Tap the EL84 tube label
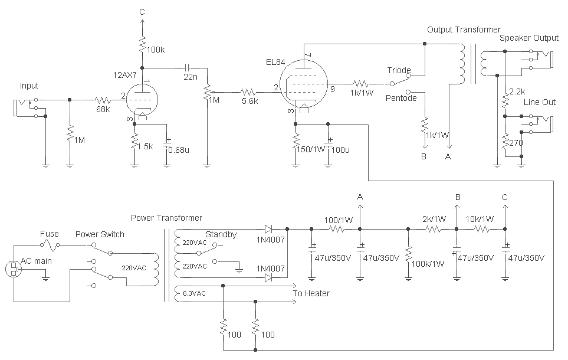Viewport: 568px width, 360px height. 276,62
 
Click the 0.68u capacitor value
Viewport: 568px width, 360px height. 179,149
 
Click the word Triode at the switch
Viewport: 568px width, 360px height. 399,70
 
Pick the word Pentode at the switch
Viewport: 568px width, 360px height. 402,97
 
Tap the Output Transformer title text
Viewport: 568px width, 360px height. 464,30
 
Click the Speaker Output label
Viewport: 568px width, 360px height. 528,38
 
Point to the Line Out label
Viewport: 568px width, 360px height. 540,102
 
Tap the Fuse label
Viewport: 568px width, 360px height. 50,234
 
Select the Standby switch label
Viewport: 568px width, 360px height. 221,234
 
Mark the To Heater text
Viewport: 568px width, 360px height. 311,293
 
